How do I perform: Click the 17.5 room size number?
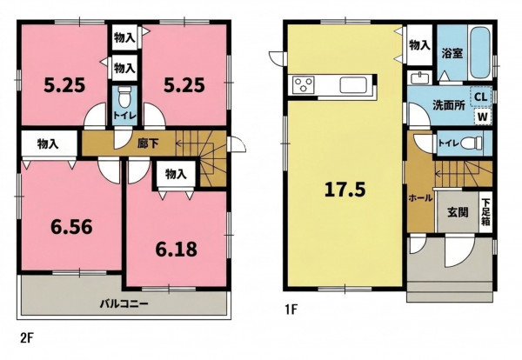(345, 190)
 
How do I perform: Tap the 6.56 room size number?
(71, 227)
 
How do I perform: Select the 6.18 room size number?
(176, 250)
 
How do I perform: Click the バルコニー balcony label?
(124, 303)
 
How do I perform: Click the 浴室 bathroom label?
(452, 53)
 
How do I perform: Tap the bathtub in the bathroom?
(479, 52)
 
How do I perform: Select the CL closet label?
(481, 97)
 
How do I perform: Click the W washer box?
(483, 117)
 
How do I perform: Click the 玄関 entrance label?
(458, 212)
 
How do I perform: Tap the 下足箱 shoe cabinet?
(485, 212)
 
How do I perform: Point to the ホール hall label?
(420, 198)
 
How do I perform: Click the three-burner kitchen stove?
(303, 84)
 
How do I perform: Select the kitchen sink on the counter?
(353, 85)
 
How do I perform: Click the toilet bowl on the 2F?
(124, 97)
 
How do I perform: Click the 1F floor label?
(291, 310)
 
